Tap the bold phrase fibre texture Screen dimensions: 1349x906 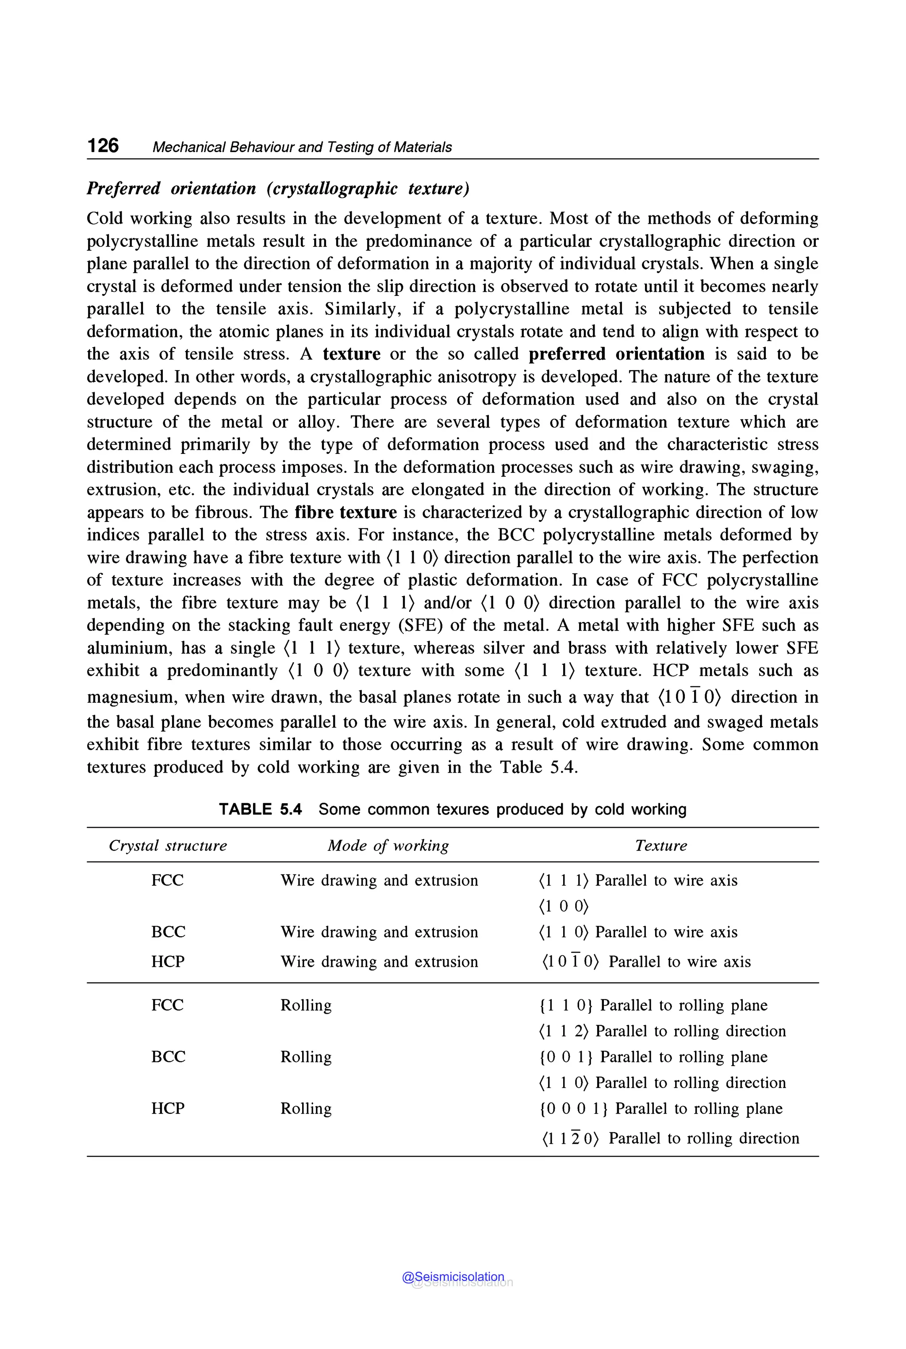click(346, 513)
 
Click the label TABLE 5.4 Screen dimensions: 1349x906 click(260, 809)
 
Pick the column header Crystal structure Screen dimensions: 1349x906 click(168, 845)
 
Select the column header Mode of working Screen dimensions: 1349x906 click(388, 845)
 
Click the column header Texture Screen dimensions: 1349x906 click(660, 845)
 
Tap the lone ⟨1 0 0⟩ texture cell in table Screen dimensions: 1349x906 click(563, 906)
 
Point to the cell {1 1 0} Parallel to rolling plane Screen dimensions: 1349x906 click(653, 1005)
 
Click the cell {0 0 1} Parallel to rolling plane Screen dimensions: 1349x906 click(653, 1057)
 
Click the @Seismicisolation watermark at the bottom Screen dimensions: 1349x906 click(453, 1277)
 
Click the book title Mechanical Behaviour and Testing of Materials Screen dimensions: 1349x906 click(302, 147)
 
